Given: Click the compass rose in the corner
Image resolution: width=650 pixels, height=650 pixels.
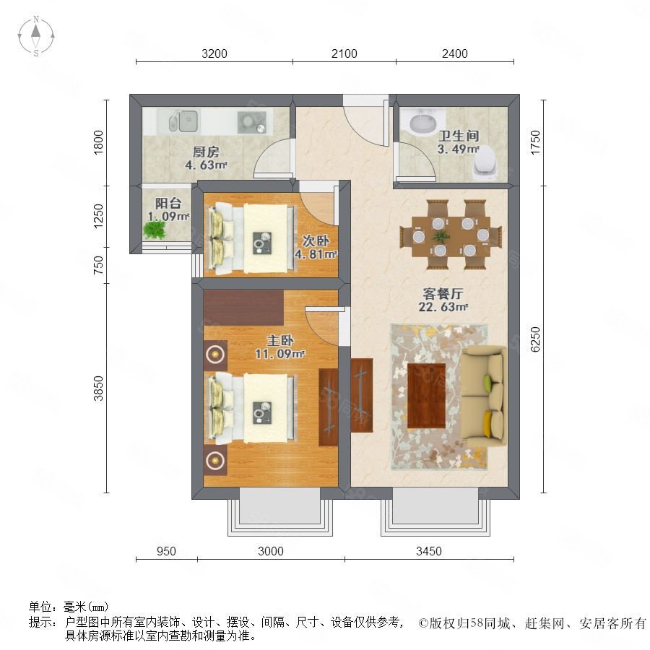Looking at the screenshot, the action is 36,36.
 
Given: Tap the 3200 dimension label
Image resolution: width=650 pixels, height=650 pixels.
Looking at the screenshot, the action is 214,53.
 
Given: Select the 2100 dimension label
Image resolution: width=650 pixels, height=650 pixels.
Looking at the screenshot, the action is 344,53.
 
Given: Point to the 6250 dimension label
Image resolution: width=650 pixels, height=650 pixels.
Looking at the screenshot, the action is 535,339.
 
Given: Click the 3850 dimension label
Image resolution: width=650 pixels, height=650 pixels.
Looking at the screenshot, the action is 98,388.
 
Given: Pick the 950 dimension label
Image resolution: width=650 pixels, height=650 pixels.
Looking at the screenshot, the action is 166,551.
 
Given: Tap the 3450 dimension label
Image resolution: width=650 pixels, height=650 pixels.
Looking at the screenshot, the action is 428,551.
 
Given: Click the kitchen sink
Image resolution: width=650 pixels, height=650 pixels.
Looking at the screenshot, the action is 183,121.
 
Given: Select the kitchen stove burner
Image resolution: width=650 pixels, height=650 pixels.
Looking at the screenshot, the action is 251,123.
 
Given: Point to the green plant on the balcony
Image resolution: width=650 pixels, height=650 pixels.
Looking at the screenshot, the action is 155,230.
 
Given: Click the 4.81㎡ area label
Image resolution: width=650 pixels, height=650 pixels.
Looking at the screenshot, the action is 316,253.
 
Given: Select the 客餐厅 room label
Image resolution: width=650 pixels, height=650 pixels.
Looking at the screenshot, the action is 443,293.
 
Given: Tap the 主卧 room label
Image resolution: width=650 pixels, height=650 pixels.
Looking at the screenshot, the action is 280,340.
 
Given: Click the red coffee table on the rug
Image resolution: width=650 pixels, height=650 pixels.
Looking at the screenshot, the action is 427,396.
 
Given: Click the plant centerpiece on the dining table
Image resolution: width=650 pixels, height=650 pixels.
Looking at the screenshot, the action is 441,236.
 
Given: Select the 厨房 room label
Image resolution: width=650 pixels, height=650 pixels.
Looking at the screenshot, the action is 206,152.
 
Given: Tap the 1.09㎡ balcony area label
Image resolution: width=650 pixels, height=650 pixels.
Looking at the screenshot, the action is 168,216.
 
